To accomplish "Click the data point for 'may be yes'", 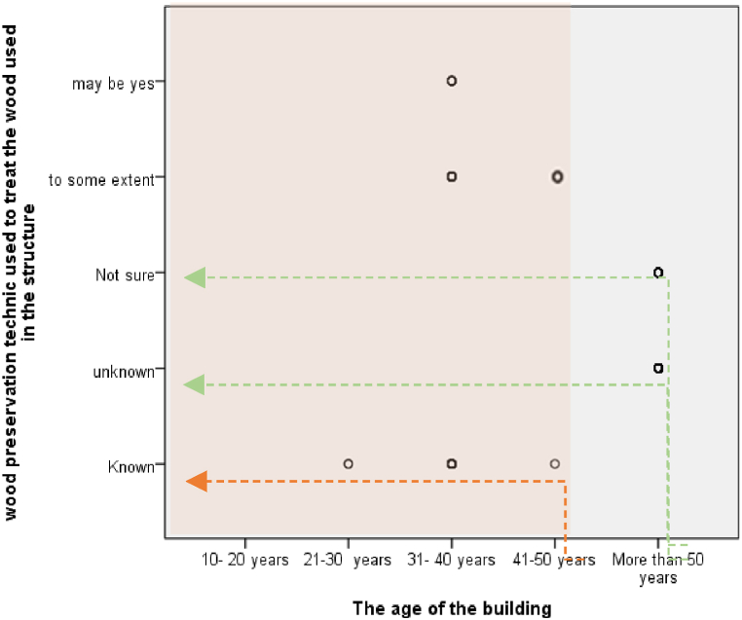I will pyautogui.click(x=452, y=81).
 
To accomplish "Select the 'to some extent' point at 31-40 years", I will pyautogui.click(x=452, y=176).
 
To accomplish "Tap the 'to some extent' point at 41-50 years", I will pyautogui.click(x=557, y=177).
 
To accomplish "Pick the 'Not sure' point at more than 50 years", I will pyautogui.click(x=658, y=273).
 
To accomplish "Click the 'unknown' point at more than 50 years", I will pyautogui.click(x=658, y=368).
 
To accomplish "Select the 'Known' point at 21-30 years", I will pyautogui.click(x=348, y=463).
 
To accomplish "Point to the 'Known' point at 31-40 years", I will pyautogui.click(x=452, y=463).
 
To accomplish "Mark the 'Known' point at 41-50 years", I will pyautogui.click(x=555, y=463).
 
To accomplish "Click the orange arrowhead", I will pyautogui.click(x=196, y=480).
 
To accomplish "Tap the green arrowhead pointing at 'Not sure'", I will pyautogui.click(x=195, y=277).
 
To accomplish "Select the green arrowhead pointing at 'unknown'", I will pyautogui.click(x=195, y=384).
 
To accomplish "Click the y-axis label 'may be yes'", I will pyautogui.click(x=113, y=83).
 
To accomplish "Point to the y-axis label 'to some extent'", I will pyautogui.click(x=101, y=179).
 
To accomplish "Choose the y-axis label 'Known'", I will pyautogui.click(x=131, y=467).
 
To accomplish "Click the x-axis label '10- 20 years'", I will pyautogui.click(x=244, y=560).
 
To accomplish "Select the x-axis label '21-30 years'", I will pyautogui.click(x=348, y=560).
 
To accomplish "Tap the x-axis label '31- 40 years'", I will pyautogui.click(x=452, y=560).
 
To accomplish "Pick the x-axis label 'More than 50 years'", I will pyautogui.click(x=658, y=568).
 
